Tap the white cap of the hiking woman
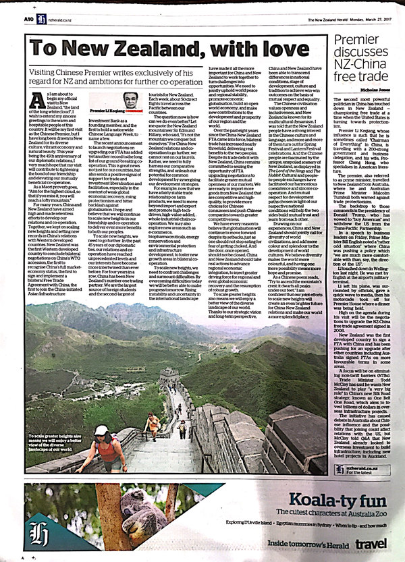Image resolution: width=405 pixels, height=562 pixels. click(x=101, y=430)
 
